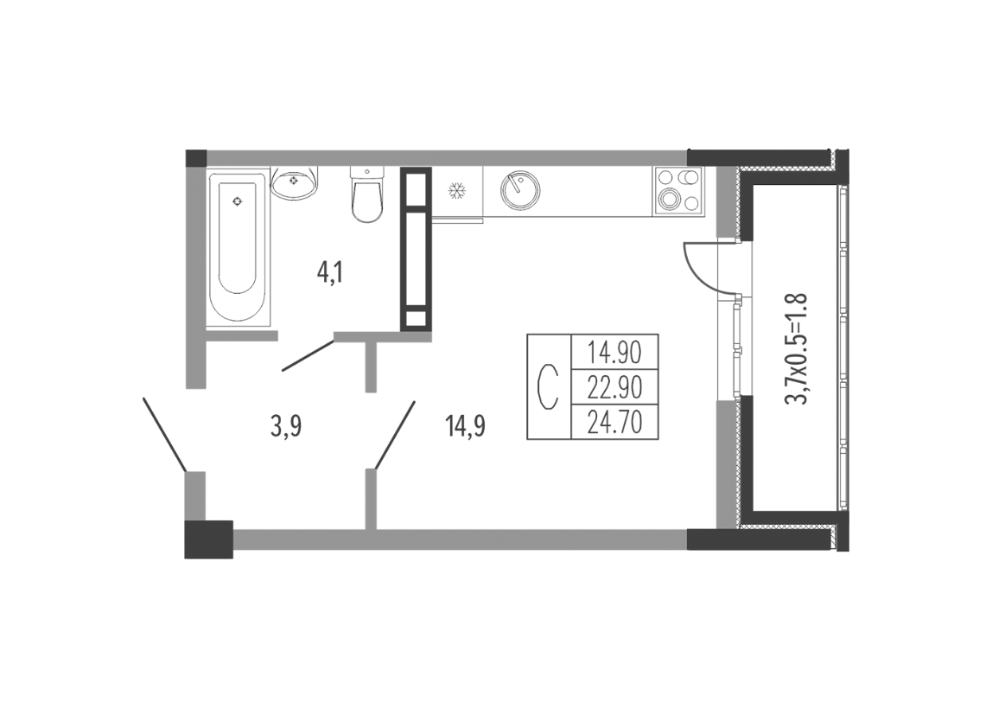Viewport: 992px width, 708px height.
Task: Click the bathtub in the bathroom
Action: pyautogui.click(x=238, y=248)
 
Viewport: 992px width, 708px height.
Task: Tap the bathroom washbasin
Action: pyautogui.click(x=295, y=182)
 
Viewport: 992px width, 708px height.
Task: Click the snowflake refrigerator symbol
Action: pyautogui.click(x=456, y=190)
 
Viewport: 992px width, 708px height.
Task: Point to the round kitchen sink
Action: pyautogui.click(x=520, y=190)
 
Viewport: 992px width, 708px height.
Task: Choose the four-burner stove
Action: pyautogui.click(x=679, y=190)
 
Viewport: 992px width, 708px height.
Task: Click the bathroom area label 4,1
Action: pyautogui.click(x=329, y=273)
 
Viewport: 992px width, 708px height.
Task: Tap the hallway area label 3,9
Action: pyautogui.click(x=286, y=427)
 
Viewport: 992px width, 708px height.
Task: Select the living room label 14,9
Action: pyautogui.click(x=465, y=427)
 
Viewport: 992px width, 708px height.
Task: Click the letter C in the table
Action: pyautogui.click(x=548, y=386)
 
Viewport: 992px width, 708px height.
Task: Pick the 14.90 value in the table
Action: pyautogui.click(x=614, y=352)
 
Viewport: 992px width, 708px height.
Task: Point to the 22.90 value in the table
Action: pyautogui.click(x=614, y=386)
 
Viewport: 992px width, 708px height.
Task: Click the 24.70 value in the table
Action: pyautogui.click(x=614, y=422)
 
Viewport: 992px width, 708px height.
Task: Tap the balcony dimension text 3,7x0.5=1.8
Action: pyautogui.click(x=795, y=348)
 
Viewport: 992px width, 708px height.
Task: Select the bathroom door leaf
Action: pyautogui.click(x=308, y=355)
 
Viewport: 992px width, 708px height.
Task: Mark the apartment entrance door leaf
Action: pyautogui.click(x=164, y=435)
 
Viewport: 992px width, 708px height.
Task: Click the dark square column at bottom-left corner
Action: pyautogui.click(x=209, y=539)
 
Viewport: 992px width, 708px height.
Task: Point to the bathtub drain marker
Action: pyautogui.click(x=238, y=201)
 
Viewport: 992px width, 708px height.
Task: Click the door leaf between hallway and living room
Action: pyautogui.click(x=396, y=436)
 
